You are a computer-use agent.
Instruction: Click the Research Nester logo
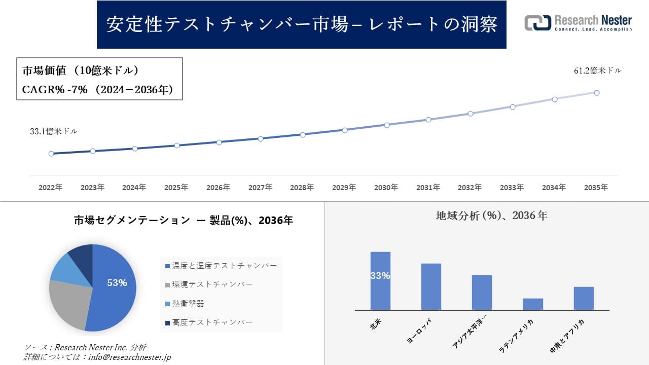tap(578, 23)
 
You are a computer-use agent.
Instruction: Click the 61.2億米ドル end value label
tap(597, 71)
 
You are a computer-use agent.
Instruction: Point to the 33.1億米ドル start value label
tap(54, 131)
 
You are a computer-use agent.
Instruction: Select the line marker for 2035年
tap(597, 93)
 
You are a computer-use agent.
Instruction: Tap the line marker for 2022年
tap(51, 154)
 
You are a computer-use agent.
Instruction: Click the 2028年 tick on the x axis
tap(302, 188)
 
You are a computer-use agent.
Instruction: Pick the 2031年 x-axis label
tap(428, 188)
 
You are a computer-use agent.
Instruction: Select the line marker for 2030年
tap(386, 125)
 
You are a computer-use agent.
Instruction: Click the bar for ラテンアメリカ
tap(533, 304)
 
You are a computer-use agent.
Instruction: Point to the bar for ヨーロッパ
tap(431, 286)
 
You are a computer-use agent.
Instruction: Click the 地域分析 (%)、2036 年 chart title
tap(491, 215)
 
